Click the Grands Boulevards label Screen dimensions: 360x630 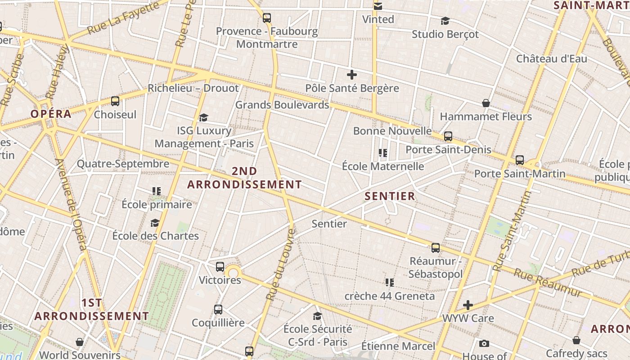(x=282, y=105)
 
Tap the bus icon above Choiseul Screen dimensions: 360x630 (x=115, y=101)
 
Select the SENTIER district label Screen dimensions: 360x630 (x=390, y=196)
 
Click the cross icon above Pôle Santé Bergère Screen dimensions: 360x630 (x=352, y=75)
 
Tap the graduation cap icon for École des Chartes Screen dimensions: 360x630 (x=155, y=223)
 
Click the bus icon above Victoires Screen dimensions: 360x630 (x=220, y=266)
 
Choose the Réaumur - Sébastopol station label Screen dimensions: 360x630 (x=435, y=267)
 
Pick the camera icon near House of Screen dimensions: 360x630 (x=484, y=344)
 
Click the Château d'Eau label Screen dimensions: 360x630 (x=551, y=59)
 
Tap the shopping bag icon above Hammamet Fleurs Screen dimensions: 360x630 (x=486, y=103)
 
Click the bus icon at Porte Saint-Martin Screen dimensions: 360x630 (x=520, y=160)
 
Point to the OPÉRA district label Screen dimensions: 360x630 (x=51, y=114)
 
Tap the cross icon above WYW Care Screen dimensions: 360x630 (x=468, y=305)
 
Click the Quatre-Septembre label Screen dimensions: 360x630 (x=123, y=163)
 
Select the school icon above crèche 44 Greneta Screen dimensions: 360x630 (x=390, y=283)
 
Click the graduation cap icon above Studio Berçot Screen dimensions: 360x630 (x=445, y=21)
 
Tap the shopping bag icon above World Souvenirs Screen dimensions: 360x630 (x=80, y=342)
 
